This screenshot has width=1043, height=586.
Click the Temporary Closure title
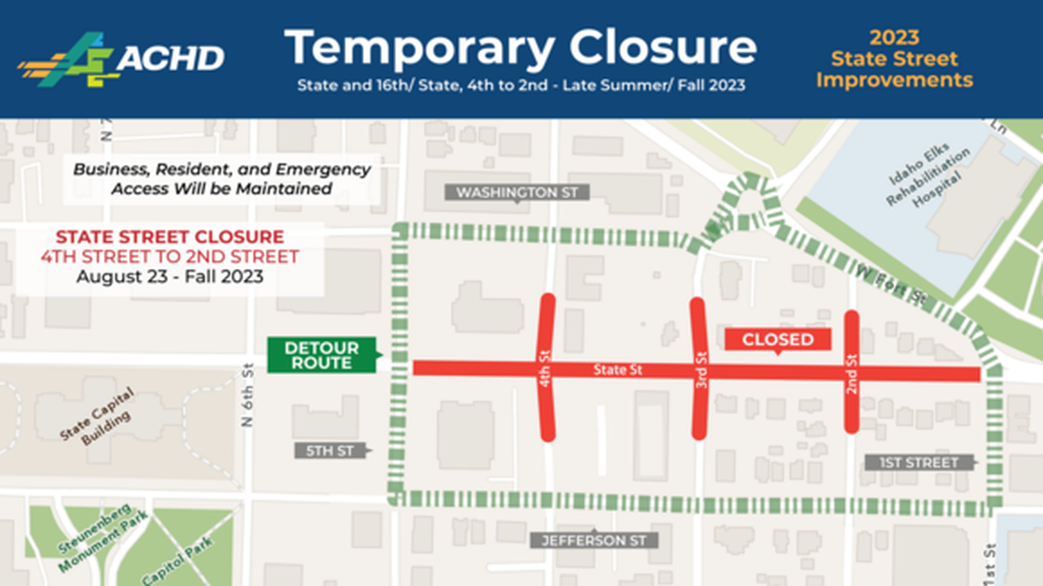coord(520,47)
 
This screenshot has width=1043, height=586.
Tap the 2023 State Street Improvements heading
coord(894,60)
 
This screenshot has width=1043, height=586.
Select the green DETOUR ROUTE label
coord(321,355)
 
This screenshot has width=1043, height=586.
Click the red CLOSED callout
coord(777,340)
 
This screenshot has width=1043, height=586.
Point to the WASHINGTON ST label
coord(518,192)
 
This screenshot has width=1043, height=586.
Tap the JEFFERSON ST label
coord(594,540)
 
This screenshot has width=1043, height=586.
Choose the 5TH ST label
coord(330,450)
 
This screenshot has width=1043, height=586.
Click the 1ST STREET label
coord(918,462)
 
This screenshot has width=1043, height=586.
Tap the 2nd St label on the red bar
coord(851,371)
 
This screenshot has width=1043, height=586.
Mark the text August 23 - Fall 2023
coord(169,276)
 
